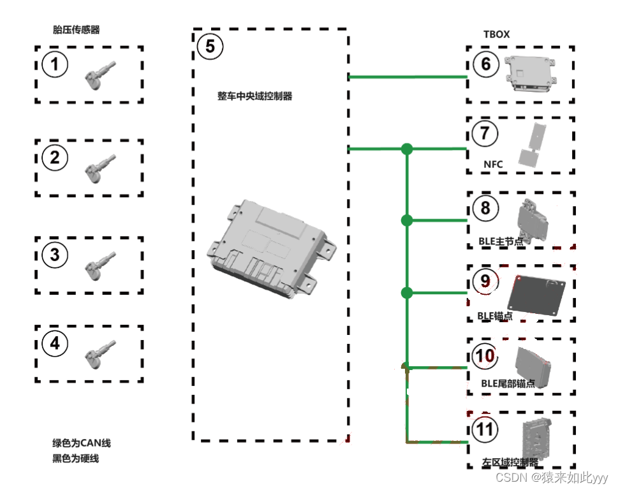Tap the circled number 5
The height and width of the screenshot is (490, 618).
coord(210,46)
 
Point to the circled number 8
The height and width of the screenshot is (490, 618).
coord(486,208)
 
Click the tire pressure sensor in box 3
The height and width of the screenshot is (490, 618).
coord(101,262)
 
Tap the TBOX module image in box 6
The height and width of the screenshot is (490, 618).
coord(531,74)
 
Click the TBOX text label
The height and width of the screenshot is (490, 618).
coord(497,34)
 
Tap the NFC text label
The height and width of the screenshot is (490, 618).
coord(493,165)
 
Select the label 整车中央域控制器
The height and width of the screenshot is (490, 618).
coord(254,96)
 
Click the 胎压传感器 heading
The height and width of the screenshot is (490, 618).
coord(77,29)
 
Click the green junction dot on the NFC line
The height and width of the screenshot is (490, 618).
coord(407,149)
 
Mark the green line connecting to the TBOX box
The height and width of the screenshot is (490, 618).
coord(408,78)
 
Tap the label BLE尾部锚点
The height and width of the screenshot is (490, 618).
coord(508,384)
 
